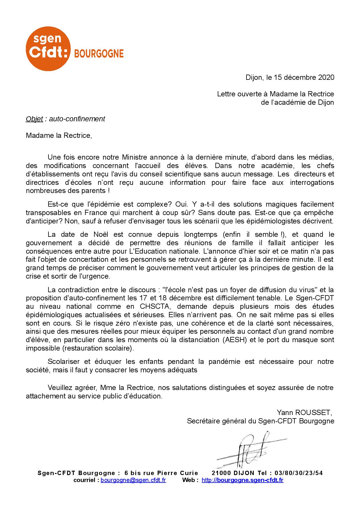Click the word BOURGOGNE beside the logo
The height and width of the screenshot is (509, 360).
(99, 54)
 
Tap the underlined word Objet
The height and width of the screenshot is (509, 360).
(34, 119)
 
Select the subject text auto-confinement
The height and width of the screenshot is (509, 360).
(77, 119)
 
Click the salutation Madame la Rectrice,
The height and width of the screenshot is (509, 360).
(59, 136)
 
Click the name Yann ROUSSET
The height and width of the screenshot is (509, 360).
(303, 412)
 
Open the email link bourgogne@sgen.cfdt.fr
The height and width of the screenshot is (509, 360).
(133, 480)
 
